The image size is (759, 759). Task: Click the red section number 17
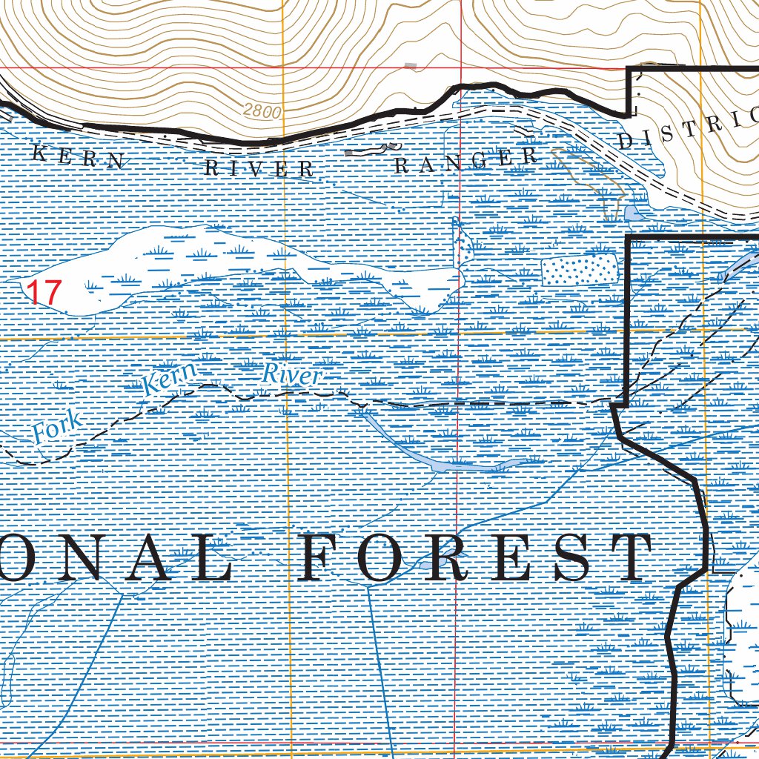[x=42, y=292]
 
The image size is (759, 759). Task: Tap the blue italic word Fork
[x=56, y=428]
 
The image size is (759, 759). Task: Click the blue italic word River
[x=292, y=376]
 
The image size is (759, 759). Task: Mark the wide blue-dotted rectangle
[x=580, y=271]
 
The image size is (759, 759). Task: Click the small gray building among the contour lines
[x=411, y=67]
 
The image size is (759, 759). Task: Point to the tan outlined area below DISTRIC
[x=593, y=178]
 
